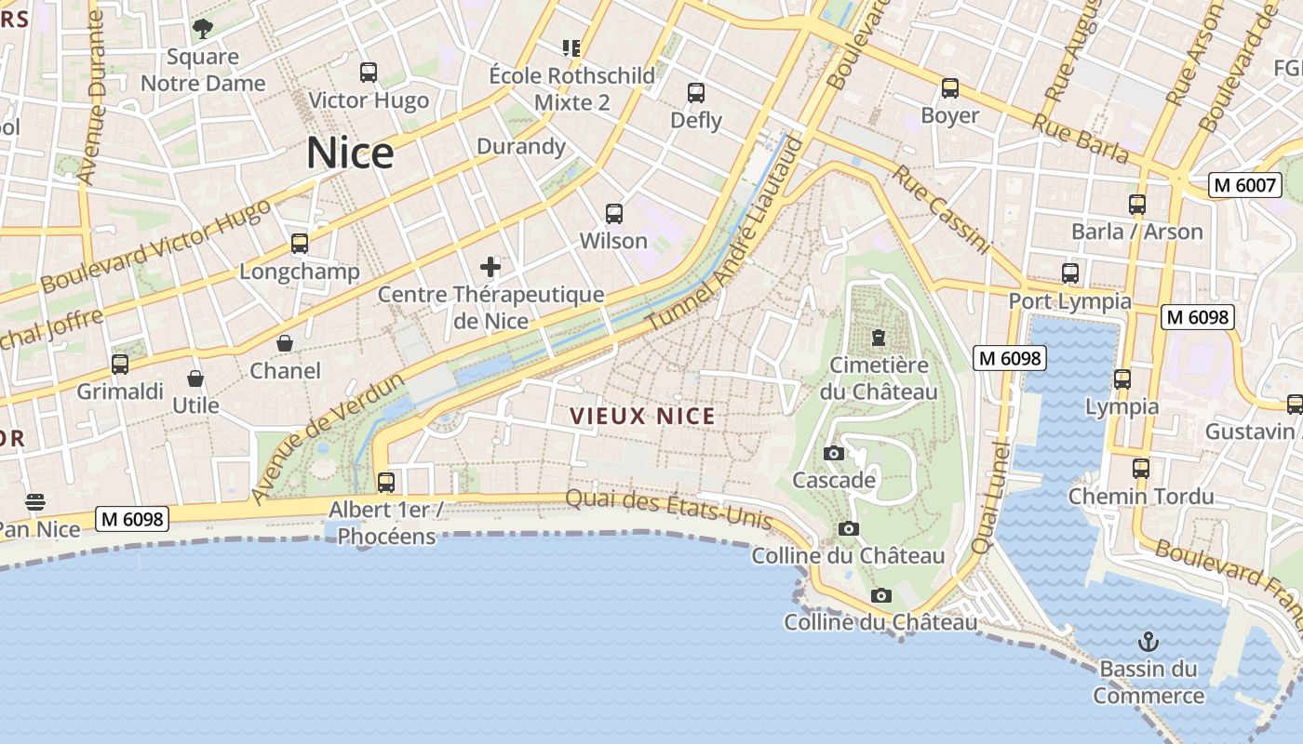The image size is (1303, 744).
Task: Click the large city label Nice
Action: click(350, 153)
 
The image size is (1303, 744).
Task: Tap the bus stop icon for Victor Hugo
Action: click(369, 72)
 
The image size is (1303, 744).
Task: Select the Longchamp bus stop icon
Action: click(299, 244)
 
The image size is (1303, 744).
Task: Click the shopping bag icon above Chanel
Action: click(285, 343)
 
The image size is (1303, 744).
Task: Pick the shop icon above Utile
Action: click(195, 379)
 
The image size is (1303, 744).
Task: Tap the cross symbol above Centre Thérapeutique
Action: click(490, 268)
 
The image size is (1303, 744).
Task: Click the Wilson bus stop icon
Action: click(614, 214)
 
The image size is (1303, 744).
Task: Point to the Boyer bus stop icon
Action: click(949, 88)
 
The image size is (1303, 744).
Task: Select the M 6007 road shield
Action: click(1244, 185)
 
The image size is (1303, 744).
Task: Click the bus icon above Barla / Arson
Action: click(1136, 205)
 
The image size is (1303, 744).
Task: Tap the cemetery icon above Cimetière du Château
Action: click(878, 337)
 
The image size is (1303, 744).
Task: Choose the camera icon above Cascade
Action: click(834, 453)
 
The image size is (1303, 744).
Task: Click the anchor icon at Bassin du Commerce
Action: click(1149, 642)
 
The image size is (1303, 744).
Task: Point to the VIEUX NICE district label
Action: click(642, 416)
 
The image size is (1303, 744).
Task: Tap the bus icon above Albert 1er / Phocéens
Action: click(386, 483)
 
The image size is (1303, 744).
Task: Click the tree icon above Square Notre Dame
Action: click(202, 29)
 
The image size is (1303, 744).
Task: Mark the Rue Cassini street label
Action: click(940, 209)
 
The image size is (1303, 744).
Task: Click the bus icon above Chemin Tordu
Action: click(1141, 469)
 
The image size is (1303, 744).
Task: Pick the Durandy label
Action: click(521, 146)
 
